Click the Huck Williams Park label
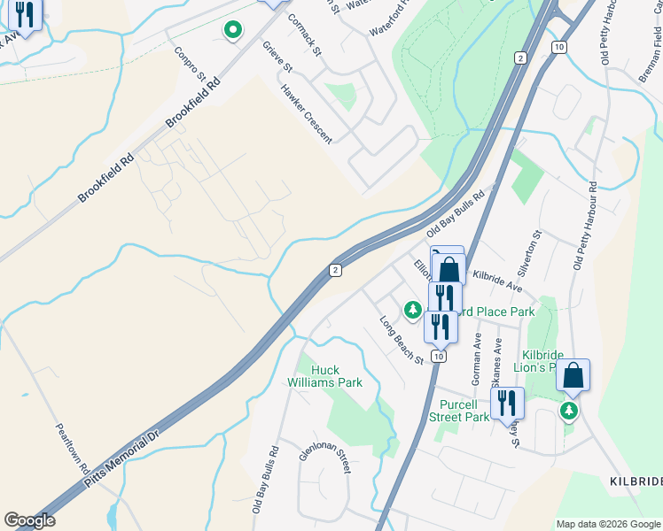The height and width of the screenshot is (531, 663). tap(324, 376)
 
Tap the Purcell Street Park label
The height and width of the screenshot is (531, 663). tap(459, 410)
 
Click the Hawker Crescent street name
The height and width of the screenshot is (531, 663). tap(306, 114)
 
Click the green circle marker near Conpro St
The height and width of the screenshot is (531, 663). tap(232, 31)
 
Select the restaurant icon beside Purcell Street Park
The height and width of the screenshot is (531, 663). tap(507, 403)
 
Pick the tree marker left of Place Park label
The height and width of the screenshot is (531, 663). tap(412, 310)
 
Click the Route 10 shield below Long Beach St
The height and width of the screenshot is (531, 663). tap(438, 356)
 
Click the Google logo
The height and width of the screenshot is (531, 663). tap(29, 520)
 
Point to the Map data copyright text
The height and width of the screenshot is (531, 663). tap(609, 524)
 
